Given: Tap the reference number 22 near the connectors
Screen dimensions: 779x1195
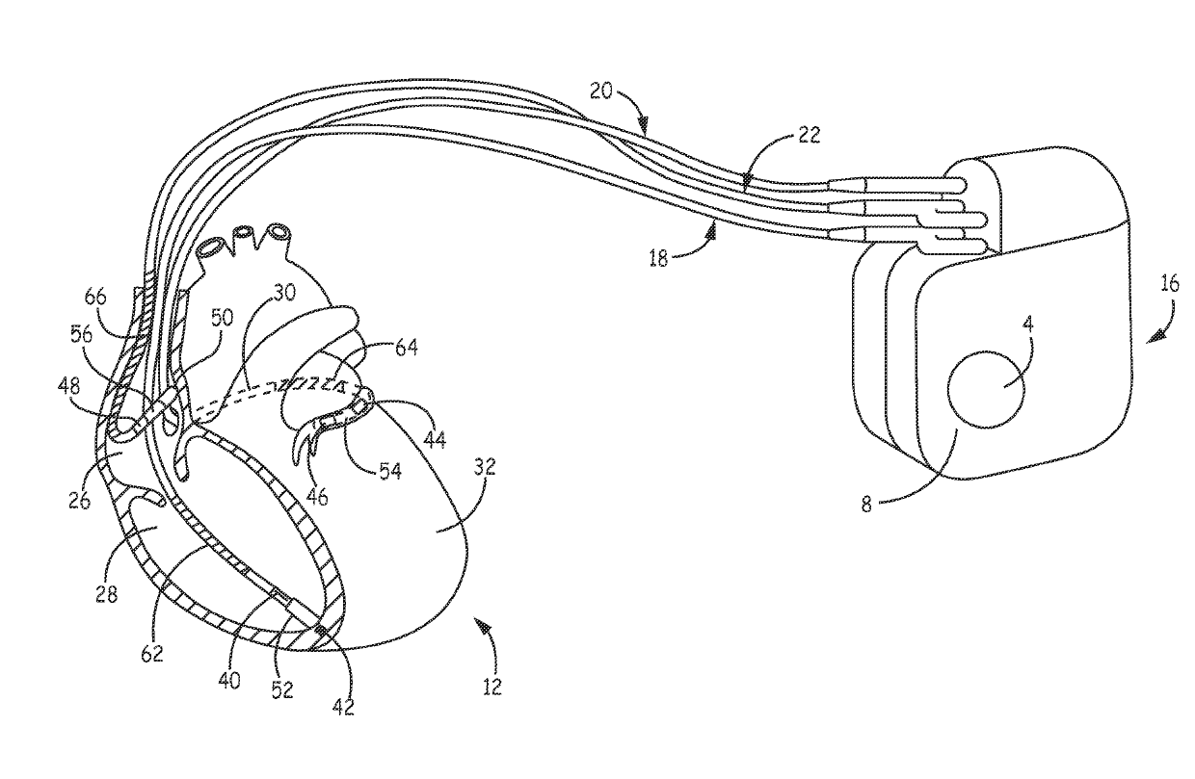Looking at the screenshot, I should (x=810, y=136).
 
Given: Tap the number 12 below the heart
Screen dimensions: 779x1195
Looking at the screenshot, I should (x=492, y=688).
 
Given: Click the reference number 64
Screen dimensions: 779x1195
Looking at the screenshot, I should (x=406, y=348).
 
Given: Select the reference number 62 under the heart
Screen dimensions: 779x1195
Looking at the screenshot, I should (x=151, y=655).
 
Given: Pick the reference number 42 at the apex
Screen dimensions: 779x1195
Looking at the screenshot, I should (x=343, y=706).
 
